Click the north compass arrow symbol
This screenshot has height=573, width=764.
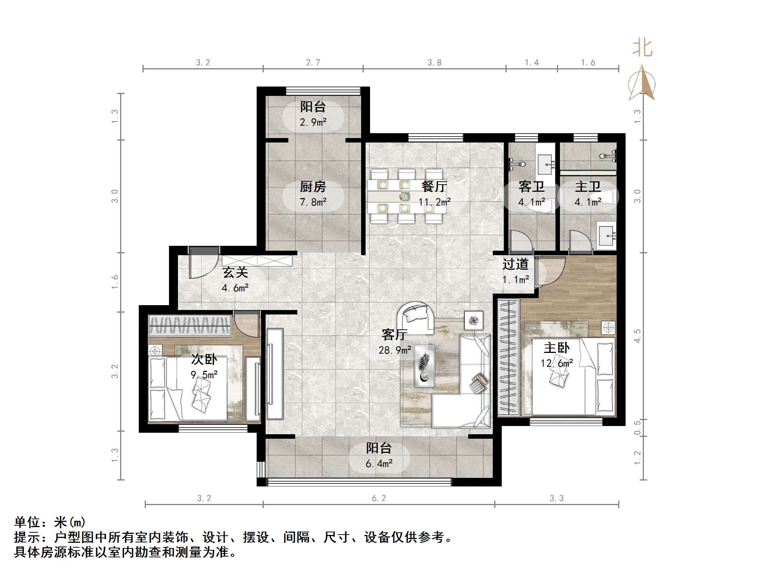tap(642, 84)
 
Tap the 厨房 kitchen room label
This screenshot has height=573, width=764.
tap(313, 187)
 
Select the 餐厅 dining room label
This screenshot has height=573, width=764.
tap(434, 187)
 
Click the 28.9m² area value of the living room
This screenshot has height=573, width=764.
tap(395, 350)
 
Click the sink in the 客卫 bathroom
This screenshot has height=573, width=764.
tap(545, 165)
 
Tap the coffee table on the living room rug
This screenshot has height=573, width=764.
tap(425, 366)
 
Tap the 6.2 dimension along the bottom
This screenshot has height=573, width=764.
tap(379, 498)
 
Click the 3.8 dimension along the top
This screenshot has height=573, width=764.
tap(434, 63)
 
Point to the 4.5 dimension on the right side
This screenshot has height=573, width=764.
tap(638, 336)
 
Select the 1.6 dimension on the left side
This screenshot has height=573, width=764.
tap(115, 282)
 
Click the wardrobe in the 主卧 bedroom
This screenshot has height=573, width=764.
tap(508, 357)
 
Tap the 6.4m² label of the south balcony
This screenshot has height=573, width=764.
tap(379, 464)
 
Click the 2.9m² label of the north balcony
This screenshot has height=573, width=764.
tap(313, 122)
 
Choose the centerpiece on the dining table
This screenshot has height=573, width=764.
tap(404, 196)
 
